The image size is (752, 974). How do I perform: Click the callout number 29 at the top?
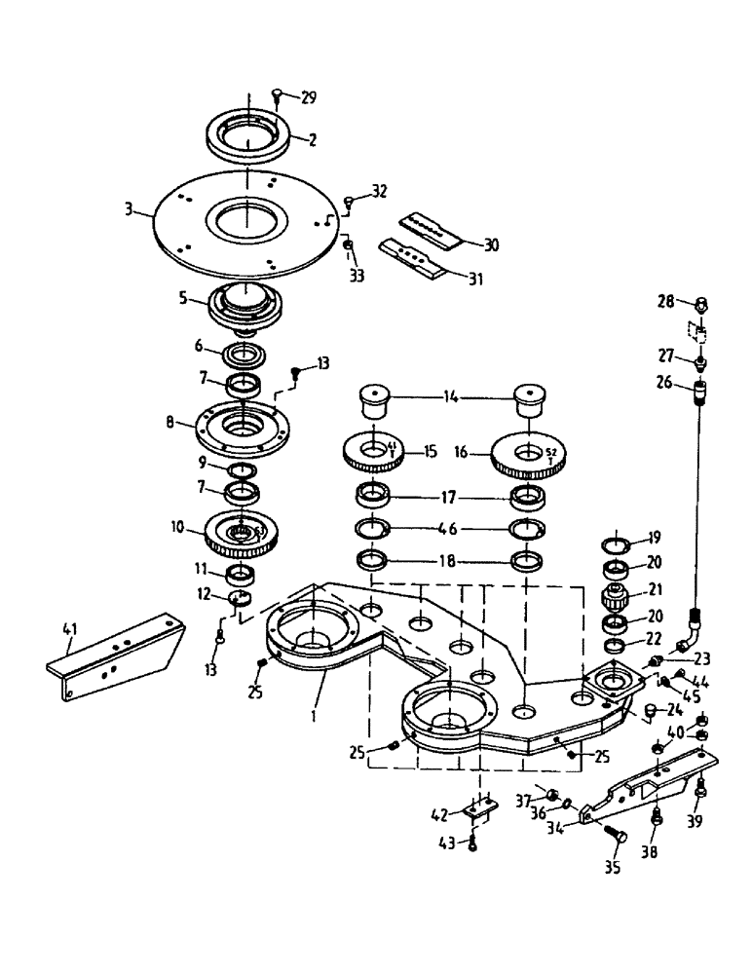coord(309,98)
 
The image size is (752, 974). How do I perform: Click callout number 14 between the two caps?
coord(451,396)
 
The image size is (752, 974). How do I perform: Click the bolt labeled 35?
coord(616,836)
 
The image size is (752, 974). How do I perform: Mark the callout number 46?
coord(450,530)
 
